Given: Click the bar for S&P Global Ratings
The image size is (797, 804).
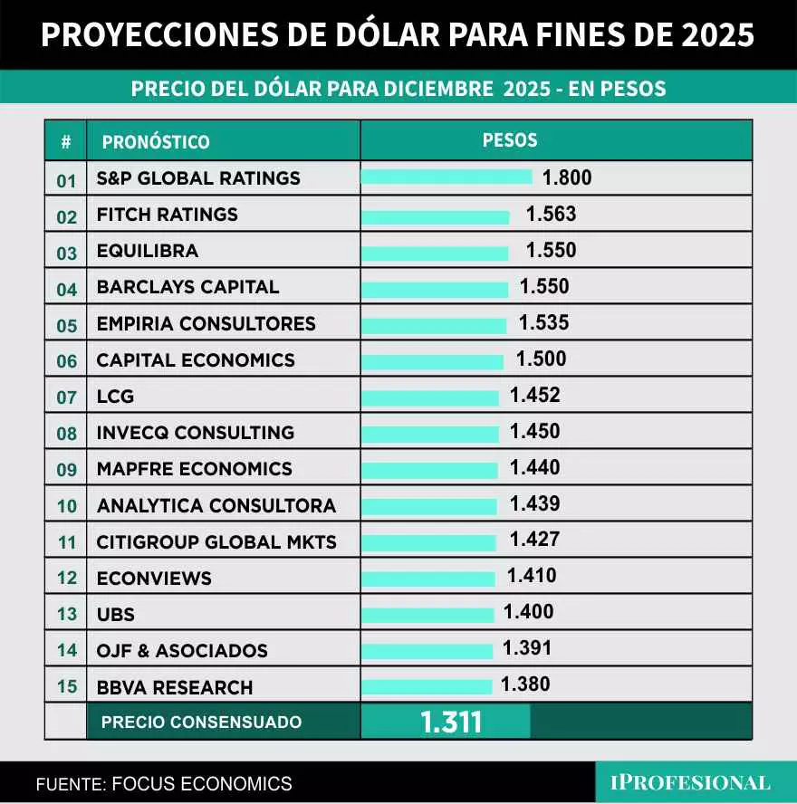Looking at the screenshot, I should tap(446, 177).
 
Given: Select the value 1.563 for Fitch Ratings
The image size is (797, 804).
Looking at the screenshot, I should tap(551, 215).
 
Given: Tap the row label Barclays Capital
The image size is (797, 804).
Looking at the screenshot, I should tap(187, 287).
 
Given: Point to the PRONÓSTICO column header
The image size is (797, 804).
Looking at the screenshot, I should tap(156, 142).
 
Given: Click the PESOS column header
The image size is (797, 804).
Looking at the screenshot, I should tap(510, 140).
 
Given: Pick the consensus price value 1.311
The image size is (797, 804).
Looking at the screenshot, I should tap(450, 722).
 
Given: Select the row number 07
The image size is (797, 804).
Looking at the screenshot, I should tap(67, 397).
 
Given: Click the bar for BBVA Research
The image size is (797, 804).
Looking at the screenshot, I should tap(426, 686).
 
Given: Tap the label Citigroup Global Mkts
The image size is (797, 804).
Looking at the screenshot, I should tap(216, 542).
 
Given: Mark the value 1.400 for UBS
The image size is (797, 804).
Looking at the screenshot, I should tap(528, 613).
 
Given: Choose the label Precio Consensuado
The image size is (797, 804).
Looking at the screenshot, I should tap(201, 723).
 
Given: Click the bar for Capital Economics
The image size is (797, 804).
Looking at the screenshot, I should tap(431, 361).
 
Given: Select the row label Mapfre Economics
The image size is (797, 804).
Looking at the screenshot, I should tap(194, 469).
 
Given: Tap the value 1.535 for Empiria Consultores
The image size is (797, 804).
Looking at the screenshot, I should tap(543, 323).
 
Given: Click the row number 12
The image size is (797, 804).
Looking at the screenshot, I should tap(67, 579).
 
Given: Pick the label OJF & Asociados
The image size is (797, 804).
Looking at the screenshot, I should tap(182, 651).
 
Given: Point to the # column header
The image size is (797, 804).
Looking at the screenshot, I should tap(66, 142).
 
